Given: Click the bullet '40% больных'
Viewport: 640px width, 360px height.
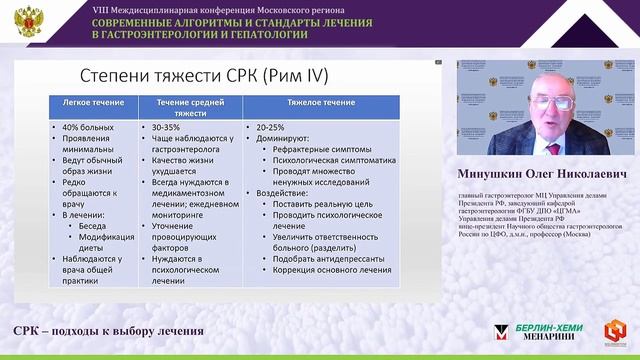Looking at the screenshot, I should (x=88, y=127).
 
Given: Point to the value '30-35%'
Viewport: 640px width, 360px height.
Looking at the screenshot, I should (x=167, y=127).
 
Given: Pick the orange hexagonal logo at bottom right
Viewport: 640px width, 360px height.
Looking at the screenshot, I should (x=617, y=332).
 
